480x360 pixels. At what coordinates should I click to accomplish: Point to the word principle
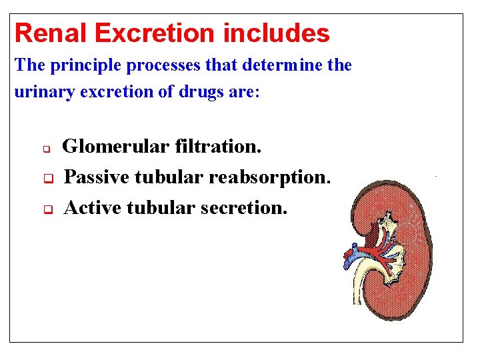74,66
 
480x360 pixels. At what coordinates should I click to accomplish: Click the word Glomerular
117,146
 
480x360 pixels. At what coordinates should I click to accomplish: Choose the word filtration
219,146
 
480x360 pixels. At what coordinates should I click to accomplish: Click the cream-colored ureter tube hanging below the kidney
359,287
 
